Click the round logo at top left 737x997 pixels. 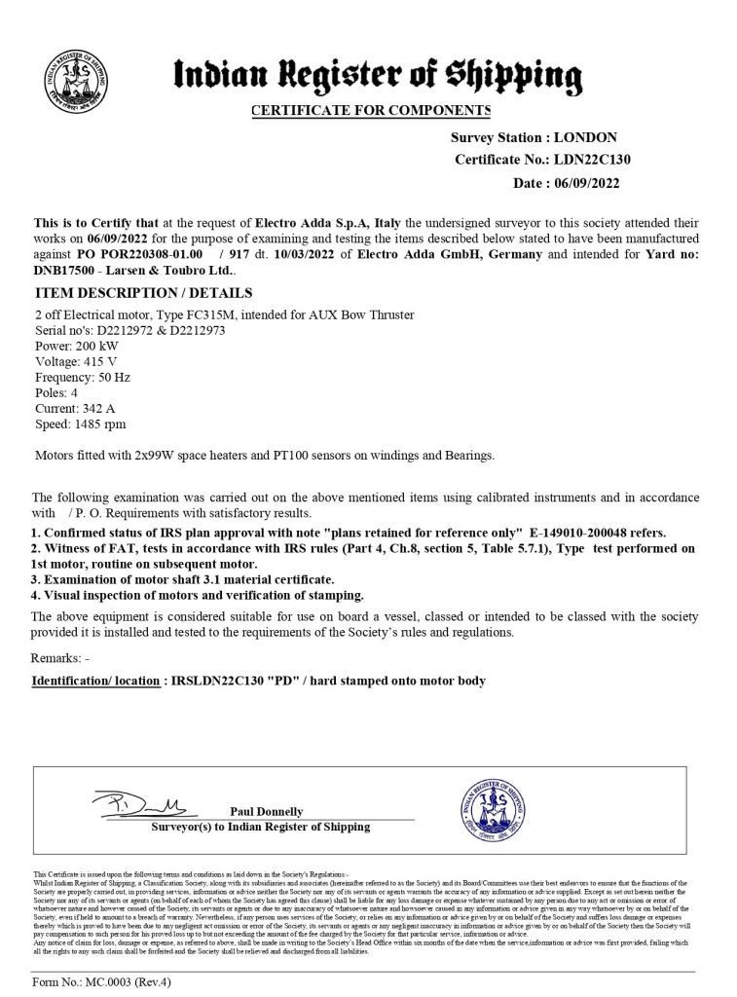point(69,74)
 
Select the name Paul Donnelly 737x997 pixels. point(267,811)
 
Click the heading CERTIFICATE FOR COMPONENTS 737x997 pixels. point(371,110)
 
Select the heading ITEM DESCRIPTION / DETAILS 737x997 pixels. point(143,293)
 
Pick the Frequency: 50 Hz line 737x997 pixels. point(82,376)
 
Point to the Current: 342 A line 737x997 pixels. point(76,408)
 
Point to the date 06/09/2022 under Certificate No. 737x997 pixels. point(585,182)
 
